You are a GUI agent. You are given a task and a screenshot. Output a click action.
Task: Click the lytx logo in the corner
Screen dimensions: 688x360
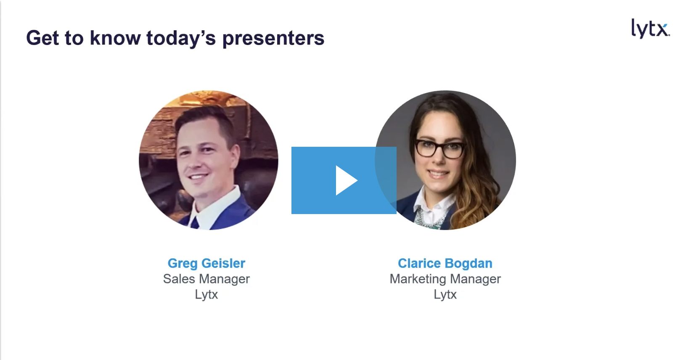(x=650, y=29)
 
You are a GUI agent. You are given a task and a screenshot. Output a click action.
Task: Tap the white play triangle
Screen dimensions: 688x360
(x=347, y=180)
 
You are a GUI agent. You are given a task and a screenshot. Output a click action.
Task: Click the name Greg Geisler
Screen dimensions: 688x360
(x=206, y=263)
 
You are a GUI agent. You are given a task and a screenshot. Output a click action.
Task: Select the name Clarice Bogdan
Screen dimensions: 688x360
(x=445, y=263)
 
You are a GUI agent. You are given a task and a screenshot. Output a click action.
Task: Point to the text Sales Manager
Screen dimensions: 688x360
(x=206, y=279)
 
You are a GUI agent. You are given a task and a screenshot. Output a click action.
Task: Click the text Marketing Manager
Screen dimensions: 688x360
(x=445, y=279)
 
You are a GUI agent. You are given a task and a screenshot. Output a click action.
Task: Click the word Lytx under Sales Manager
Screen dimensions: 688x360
(x=206, y=294)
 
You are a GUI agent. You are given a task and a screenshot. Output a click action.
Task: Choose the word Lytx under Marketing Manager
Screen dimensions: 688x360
(x=445, y=294)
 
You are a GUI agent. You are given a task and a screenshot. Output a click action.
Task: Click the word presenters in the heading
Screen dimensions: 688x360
(x=273, y=39)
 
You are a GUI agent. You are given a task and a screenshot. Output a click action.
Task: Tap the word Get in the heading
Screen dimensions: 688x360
(x=43, y=38)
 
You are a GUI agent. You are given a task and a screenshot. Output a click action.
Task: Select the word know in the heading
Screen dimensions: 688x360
(x=115, y=38)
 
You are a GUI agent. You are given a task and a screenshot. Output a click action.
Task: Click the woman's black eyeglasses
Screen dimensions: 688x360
(x=440, y=149)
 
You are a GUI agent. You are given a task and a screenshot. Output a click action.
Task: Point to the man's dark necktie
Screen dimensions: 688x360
(x=195, y=223)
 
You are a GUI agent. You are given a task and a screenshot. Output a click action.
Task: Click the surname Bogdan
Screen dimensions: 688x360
(x=469, y=263)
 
